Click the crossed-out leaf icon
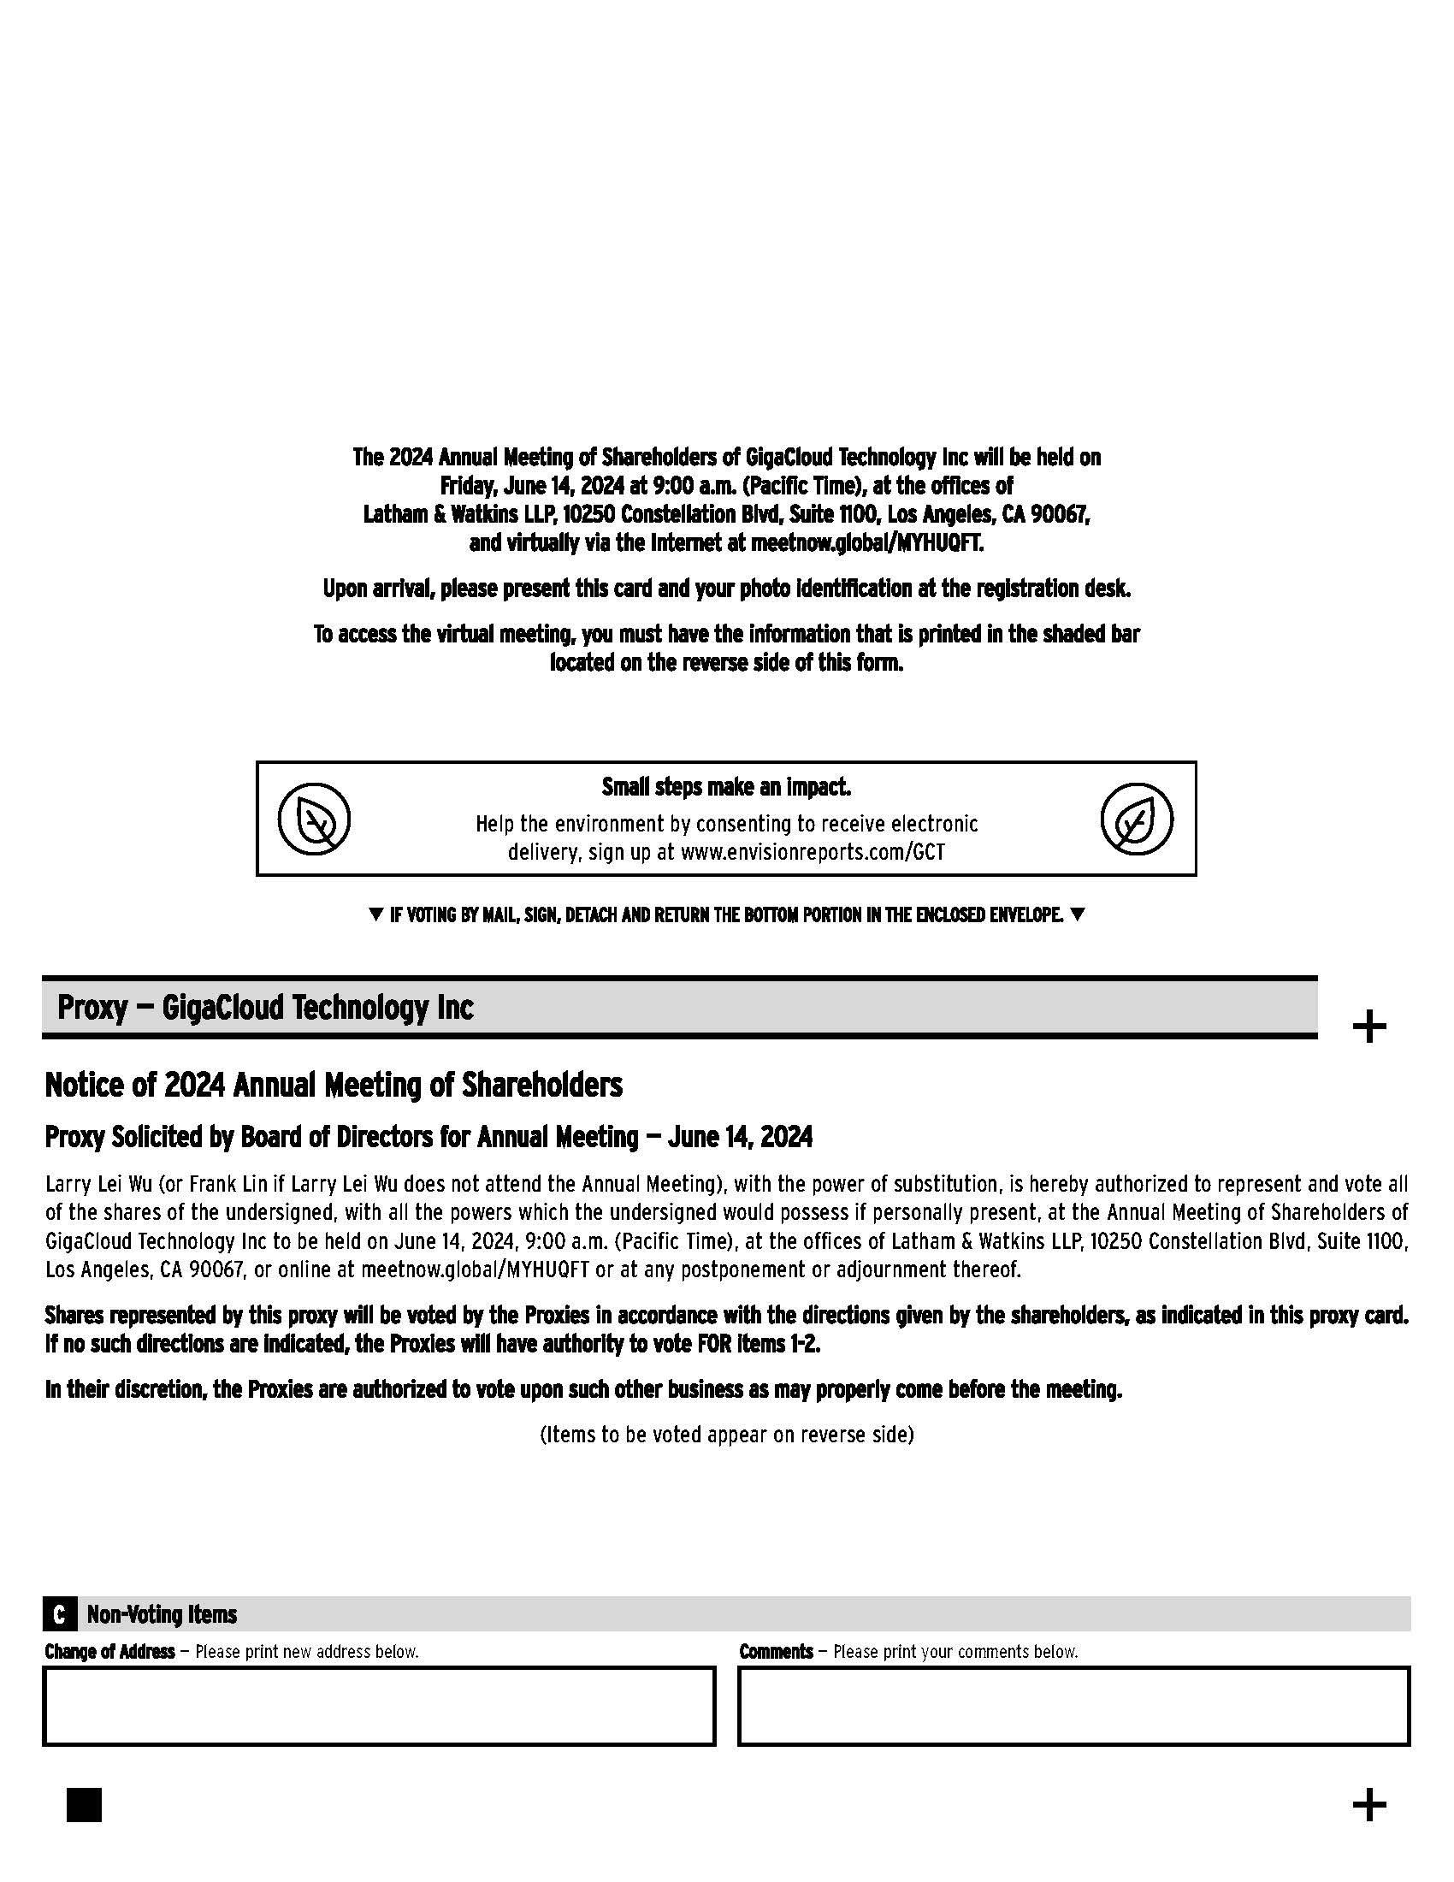pos(314,819)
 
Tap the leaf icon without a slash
pos(1136,819)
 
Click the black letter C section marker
pos(58,1614)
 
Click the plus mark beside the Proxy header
pos(1368,1027)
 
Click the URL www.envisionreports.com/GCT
pos(813,852)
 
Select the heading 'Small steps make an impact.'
pos(726,787)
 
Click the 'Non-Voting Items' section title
pos(162,1614)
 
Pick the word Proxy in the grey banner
pos(92,1007)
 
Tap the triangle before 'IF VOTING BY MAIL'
pos(375,914)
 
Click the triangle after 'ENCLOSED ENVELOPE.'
pos(1077,914)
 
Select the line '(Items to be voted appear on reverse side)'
pos(726,1434)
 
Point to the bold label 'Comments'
pos(776,1651)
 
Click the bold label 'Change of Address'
pos(109,1651)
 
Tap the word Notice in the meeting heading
pos(83,1085)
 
